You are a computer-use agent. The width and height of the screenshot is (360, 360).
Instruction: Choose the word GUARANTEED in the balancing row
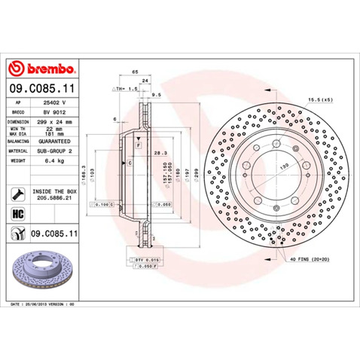tap(54, 140)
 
